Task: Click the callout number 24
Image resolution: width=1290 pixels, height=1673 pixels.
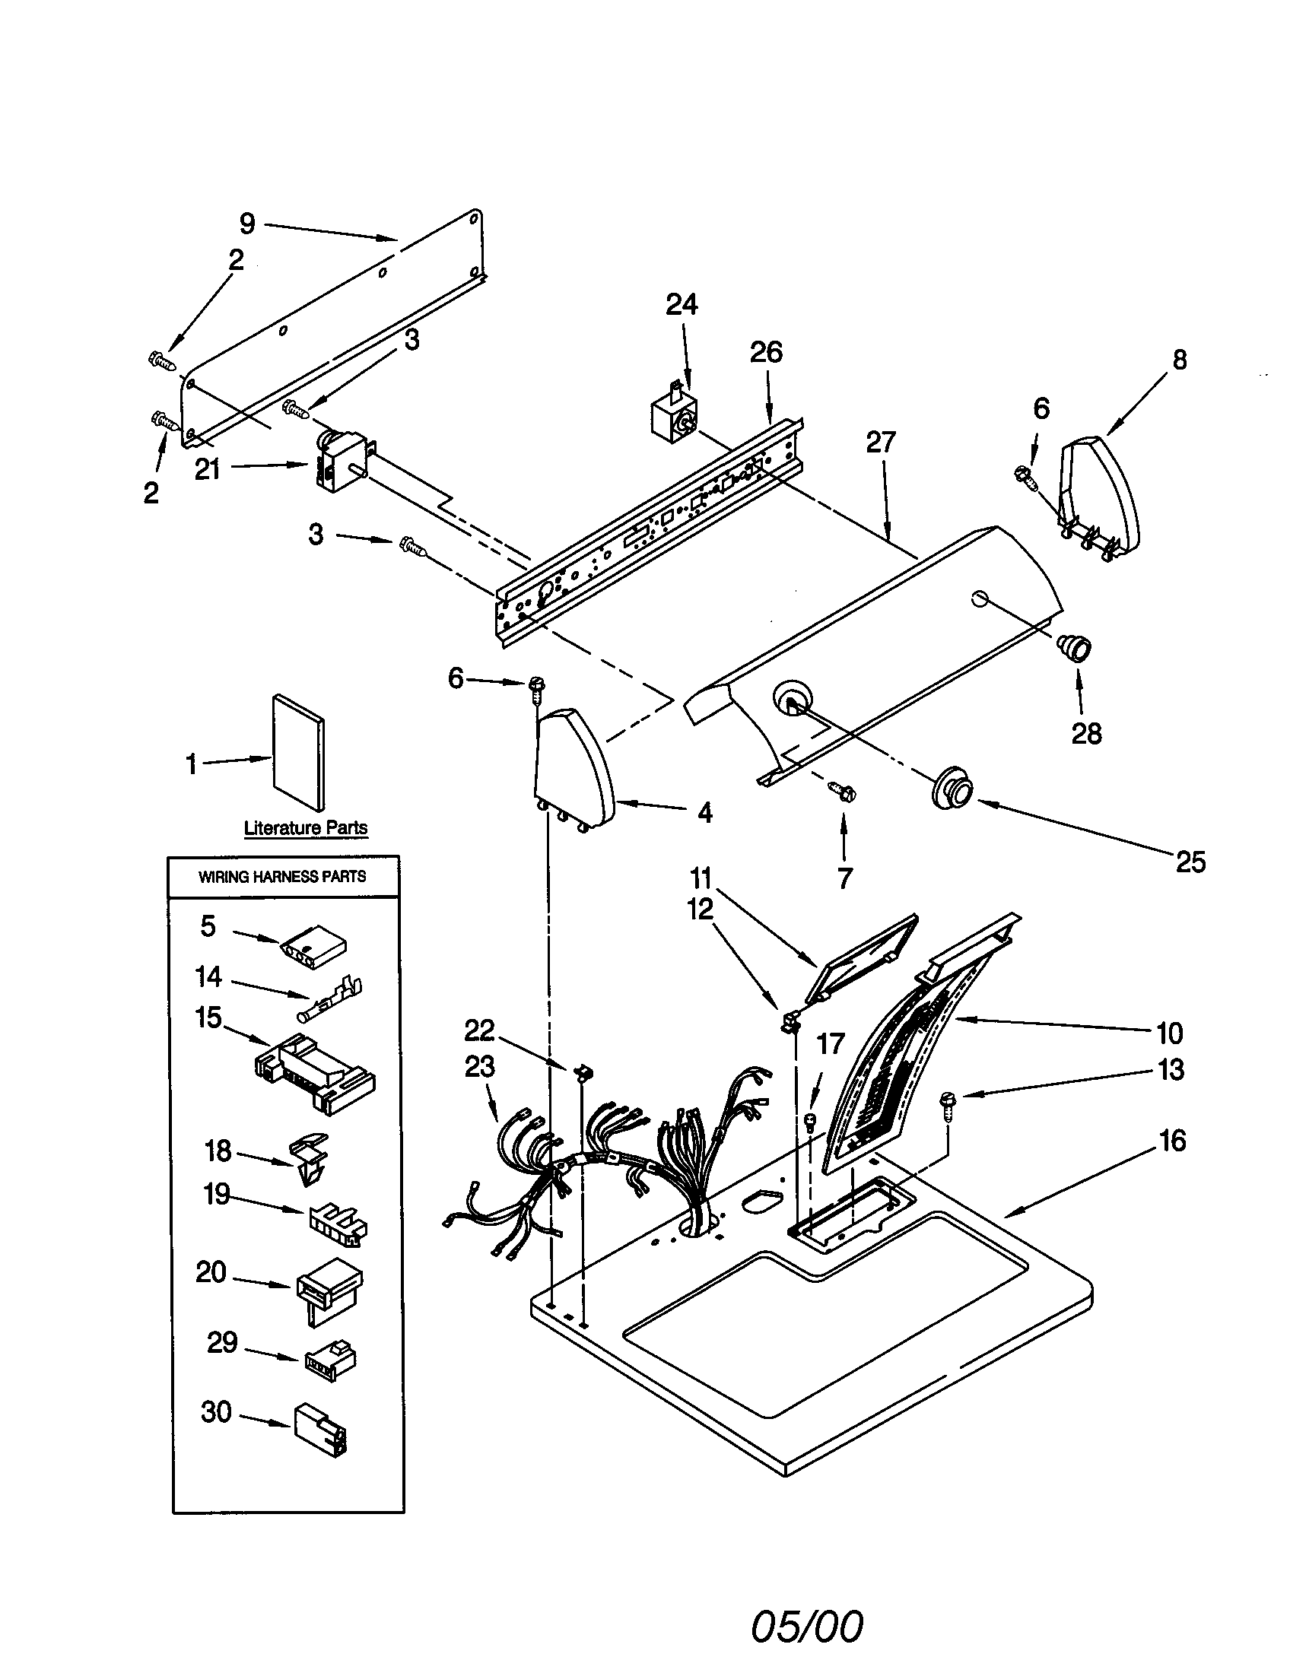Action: (x=681, y=305)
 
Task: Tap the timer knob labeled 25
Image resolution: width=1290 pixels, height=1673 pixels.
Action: (x=951, y=786)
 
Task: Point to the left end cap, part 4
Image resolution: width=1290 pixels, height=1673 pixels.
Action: (x=574, y=766)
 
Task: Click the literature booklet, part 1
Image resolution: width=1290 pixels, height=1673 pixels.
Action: (x=299, y=752)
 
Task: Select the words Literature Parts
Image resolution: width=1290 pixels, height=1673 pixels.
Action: (x=306, y=827)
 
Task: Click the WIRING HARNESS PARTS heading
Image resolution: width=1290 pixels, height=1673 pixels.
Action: (x=283, y=876)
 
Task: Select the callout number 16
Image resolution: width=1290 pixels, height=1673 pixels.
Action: (x=1172, y=1141)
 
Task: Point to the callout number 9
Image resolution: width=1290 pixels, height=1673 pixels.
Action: (x=246, y=224)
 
